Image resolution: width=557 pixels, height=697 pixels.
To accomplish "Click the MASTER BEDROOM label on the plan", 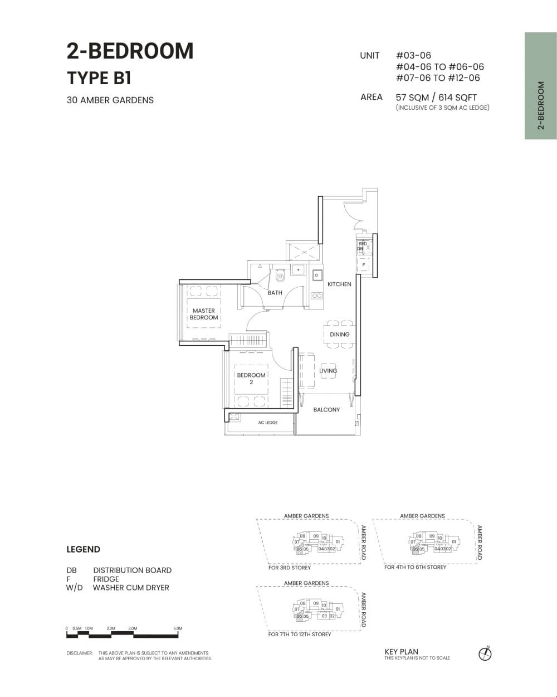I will [x=204, y=314].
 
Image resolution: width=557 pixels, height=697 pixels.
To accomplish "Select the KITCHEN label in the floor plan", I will [x=339, y=284].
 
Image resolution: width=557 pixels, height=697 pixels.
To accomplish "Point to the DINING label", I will [x=339, y=335].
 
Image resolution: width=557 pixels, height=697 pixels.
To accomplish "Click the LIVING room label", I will [x=328, y=371].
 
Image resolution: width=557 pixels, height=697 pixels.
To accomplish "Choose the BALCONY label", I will [x=326, y=410].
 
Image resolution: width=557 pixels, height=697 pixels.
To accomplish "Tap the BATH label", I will [x=275, y=293].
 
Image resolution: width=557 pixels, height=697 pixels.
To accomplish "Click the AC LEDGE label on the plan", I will [x=267, y=423].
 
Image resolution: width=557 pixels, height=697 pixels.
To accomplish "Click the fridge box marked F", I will [x=364, y=264].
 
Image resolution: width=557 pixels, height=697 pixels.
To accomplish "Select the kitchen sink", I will [x=317, y=275].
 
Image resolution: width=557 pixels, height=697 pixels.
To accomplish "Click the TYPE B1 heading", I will [x=99, y=78].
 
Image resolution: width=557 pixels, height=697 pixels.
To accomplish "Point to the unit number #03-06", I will [x=413, y=56].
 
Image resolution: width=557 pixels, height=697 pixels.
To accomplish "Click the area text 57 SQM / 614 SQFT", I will [x=436, y=97].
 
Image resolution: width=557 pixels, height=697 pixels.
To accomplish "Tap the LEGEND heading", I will [x=83, y=549].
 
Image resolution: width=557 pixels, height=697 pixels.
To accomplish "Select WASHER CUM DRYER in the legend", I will [x=131, y=587].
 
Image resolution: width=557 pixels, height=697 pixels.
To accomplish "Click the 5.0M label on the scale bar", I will [x=178, y=628].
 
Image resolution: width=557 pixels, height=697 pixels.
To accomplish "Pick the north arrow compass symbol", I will [x=485, y=654].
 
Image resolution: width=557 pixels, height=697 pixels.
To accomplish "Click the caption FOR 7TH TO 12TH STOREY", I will [x=300, y=635].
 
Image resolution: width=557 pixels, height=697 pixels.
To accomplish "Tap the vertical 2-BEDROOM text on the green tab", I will [x=540, y=106].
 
